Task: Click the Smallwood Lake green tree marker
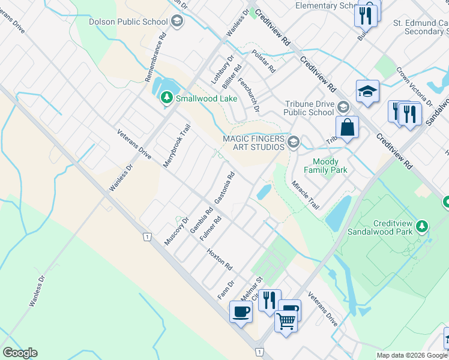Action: coord(166,97)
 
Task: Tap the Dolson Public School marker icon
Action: coord(176,22)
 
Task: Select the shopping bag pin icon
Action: coord(348,127)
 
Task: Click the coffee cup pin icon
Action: coord(241,312)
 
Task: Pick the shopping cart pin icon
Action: coord(286,322)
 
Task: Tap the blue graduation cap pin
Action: coord(367,91)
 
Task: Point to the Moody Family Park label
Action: coord(325,166)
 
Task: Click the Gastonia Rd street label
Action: coord(224,187)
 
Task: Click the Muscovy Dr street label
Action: coord(176,231)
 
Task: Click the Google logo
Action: coord(20,353)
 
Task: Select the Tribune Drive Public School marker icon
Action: coord(343,107)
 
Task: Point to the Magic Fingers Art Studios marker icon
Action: coord(294,142)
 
